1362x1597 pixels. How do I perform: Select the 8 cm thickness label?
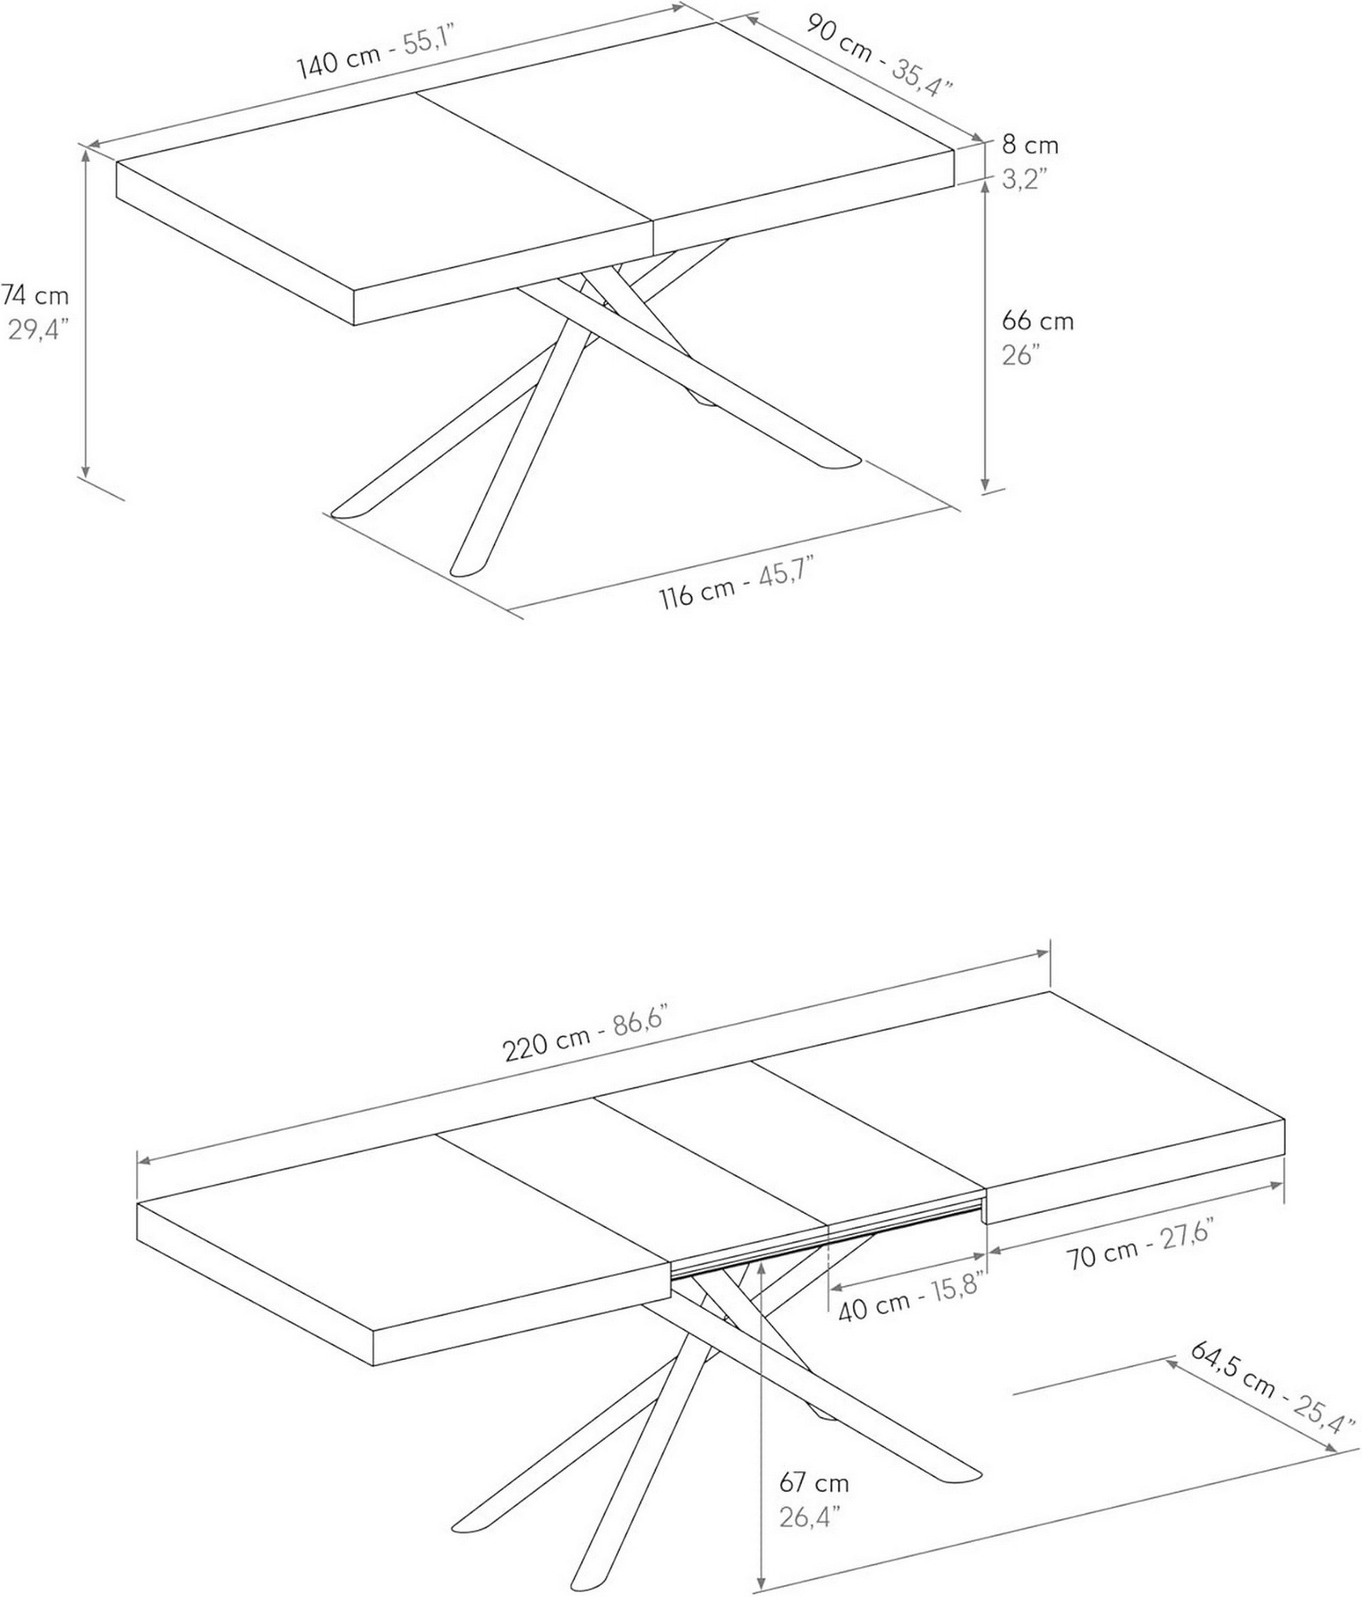pyautogui.click(x=1030, y=145)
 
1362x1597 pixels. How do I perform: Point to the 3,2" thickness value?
pyautogui.click(x=1024, y=180)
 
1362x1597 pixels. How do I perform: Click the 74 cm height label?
pyautogui.click(x=35, y=295)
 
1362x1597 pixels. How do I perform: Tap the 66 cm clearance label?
pyautogui.click(x=1037, y=321)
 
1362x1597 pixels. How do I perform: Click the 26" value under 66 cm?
pyautogui.click(x=1021, y=355)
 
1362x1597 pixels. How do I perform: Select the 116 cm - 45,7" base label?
pyautogui.click(x=736, y=586)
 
